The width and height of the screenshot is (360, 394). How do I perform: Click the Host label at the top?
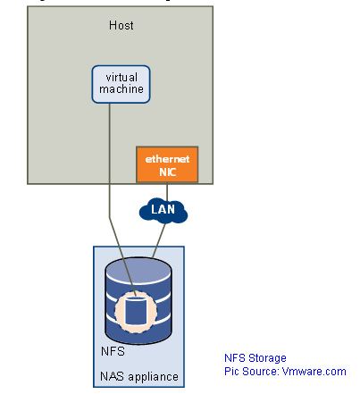pos(121,26)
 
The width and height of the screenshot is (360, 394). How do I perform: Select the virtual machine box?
pos(119,83)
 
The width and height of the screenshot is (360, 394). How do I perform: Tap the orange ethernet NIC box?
pos(167,164)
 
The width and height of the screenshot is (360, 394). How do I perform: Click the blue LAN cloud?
pos(163,211)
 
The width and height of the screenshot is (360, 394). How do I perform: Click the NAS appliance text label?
pos(138,376)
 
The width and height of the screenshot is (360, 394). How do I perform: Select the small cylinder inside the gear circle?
pos(135,311)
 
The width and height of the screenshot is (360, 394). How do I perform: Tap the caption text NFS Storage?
pos(255,357)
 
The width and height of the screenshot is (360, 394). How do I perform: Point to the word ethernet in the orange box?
pos(167,158)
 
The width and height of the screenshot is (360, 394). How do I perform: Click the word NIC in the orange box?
pos(167,171)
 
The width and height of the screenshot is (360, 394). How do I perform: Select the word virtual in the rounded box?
pos(119,78)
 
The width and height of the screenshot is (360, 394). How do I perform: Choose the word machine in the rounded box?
pos(119,89)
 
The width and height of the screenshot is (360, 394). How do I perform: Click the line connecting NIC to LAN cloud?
pos(167,190)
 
